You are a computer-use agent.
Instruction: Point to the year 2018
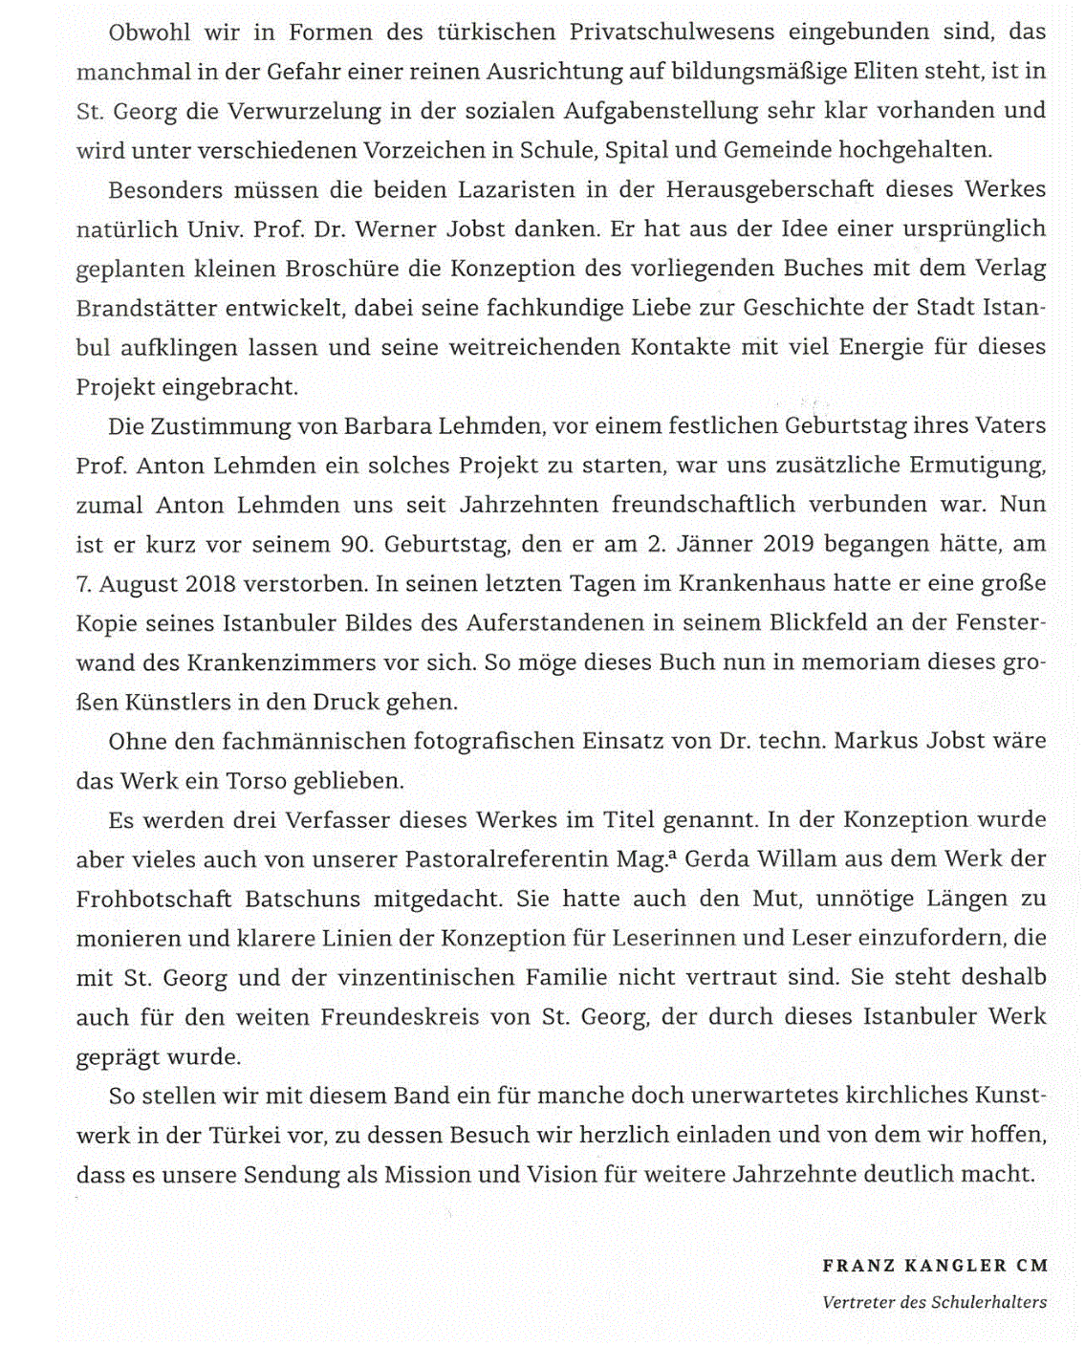[x=210, y=583]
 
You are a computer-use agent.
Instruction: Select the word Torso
[x=256, y=781]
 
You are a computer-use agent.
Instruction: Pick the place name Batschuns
[x=302, y=899]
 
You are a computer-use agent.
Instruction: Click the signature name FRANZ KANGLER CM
[x=934, y=1266]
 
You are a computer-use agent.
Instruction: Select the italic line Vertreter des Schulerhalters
[x=934, y=1302]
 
